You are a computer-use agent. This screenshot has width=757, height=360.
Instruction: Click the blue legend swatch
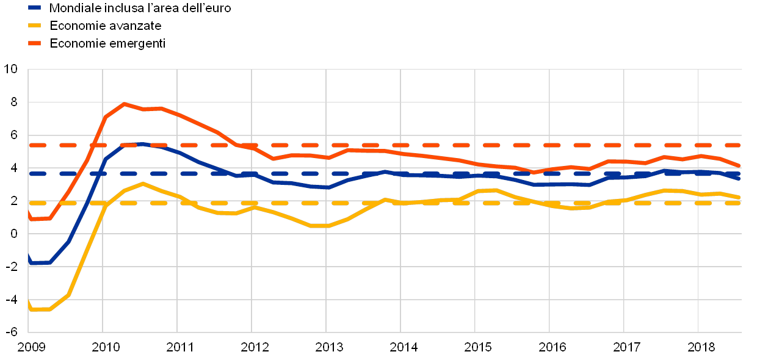click(34, 8)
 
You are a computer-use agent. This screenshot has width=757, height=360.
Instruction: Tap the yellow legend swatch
click(34, 26)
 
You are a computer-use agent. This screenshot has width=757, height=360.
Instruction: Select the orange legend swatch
click(34, 43)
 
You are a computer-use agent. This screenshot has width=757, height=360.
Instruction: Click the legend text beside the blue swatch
click(140, 8)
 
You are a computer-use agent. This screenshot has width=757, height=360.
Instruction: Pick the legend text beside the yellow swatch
click(110, 26)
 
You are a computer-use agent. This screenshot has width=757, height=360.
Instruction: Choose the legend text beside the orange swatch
click(110, 43)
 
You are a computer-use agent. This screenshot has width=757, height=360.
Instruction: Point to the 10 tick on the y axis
click(14, 69)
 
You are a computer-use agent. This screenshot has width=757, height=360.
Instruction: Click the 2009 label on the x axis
click(29, 347)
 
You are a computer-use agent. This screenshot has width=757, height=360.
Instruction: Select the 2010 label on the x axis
click(103, 347)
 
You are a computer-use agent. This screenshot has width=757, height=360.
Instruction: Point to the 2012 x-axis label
click(252, 347)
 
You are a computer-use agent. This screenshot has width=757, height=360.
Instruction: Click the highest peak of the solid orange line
click(124, 104)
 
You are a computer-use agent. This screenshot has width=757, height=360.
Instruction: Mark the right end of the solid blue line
click(740, 179)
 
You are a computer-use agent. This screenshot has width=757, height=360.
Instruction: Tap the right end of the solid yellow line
click(740, 197)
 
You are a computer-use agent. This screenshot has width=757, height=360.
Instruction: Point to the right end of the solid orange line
click(740, 165)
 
